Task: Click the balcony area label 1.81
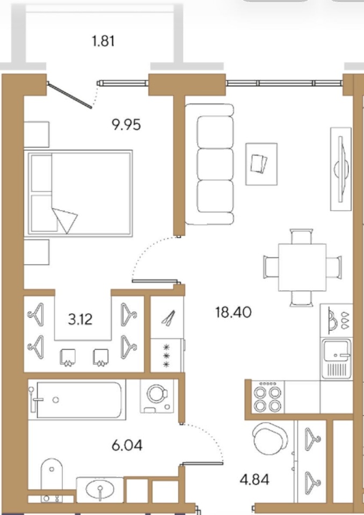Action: pos(104,41)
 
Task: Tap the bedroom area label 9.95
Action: pos(127,125)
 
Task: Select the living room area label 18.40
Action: pos(234,312)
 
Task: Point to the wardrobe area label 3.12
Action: pos(80,319)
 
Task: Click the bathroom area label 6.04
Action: pos(127,445)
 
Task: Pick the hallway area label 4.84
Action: pos(254,480)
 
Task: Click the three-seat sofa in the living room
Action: pos(209,164)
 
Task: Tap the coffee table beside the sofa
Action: pos(261,164)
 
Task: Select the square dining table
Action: pos(302,267)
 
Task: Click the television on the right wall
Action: pos(341,169)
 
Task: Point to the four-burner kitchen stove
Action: pos(268,397)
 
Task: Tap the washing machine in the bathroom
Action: pos(157,396)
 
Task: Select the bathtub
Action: pos(77,400)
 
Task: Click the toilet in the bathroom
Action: pos(52,480)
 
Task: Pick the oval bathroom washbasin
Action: pos(100,490)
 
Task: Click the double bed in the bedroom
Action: pos(78,193)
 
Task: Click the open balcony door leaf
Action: pos(70,95)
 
